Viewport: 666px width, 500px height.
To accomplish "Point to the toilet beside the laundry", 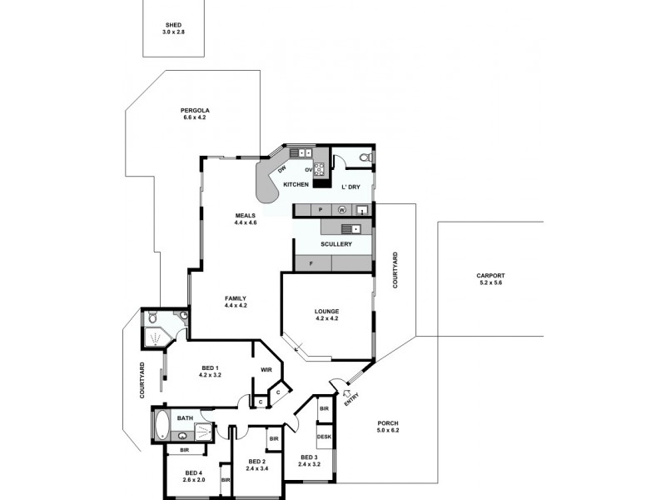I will click(363, 157).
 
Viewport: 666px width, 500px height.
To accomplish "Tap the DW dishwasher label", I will click(281, 169).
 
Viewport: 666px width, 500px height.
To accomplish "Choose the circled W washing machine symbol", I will click(342, 209).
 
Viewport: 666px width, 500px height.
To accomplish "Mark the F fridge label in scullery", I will click(311, 263).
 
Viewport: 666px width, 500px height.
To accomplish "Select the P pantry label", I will click(321, 209).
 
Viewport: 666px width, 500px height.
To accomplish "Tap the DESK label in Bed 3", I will click(324, 437).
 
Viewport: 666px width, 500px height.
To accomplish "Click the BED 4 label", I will click(194, 474).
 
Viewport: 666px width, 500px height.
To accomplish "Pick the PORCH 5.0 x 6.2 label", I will click(388, 426).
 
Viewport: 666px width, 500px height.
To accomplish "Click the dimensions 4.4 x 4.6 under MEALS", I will click(245, 222).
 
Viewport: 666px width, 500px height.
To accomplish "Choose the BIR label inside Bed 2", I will click(272, 438).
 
